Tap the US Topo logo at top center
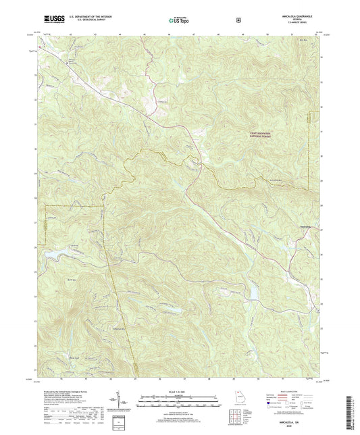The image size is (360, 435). [178, 20]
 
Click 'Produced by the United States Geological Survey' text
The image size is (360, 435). [68, 390]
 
